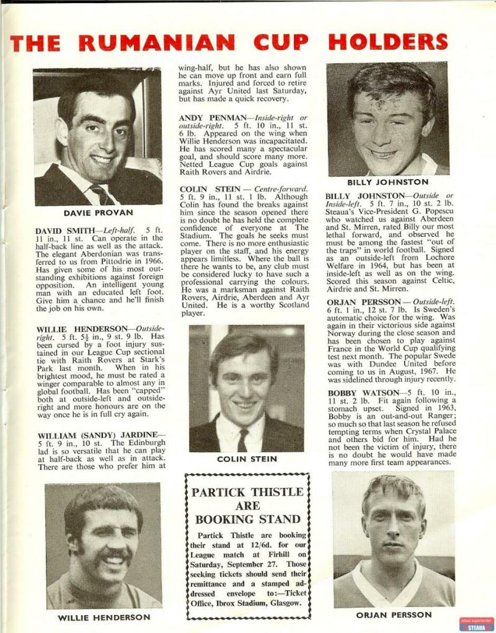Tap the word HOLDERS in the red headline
[x=388, y=42]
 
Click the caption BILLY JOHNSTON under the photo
[x=388, y=183]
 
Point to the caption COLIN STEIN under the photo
[x=247, y=459]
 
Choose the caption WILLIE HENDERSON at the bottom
[x=103, y=617]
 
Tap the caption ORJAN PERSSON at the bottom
[x=394, y=615]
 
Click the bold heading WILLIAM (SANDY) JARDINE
[x=100, y=435]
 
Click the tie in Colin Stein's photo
[x=243, y=439]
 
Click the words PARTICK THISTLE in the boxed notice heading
[x=247, y=492]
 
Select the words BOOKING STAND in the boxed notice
[x=247, y=519]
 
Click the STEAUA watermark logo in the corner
[x=476, y=624]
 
